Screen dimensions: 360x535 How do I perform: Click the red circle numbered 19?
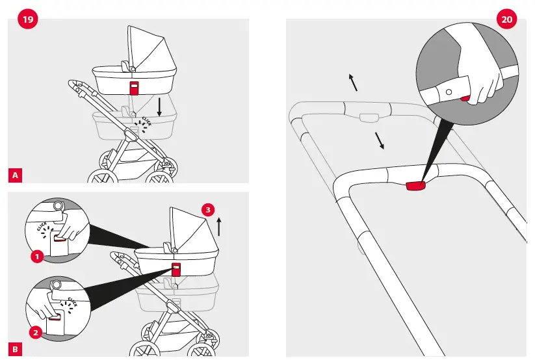click(27, 19)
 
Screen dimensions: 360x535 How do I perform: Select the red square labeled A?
click(15, 174)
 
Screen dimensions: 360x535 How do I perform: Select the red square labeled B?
click(15, 350)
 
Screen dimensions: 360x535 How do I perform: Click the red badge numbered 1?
click(37, 257)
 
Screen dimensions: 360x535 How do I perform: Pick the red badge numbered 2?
click(37, 332)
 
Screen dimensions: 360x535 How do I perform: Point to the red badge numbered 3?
click(207, 210)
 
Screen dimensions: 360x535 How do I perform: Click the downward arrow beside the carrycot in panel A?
click(159, 105)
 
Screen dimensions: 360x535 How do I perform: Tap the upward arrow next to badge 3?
click(219, 226)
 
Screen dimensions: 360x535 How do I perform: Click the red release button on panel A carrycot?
click(134, 88)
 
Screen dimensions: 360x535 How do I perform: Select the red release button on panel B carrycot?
click(176, 267)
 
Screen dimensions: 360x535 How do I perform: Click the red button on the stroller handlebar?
click(415, 187)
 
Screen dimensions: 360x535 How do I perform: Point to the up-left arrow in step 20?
click(353, 83)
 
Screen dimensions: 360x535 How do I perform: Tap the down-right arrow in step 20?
click(378, 140)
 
